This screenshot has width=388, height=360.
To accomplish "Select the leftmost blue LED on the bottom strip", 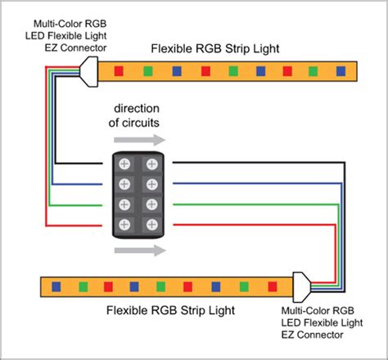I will pos(56,287).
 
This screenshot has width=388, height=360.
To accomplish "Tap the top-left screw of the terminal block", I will pos(125,163).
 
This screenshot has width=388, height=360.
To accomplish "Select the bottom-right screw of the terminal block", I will pos(152,223).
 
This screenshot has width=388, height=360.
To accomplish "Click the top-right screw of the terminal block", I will pos(152,163).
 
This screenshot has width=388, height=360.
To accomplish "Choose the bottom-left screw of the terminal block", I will pos(125,223).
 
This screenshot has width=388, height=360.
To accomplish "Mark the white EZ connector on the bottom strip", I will pos(301,286).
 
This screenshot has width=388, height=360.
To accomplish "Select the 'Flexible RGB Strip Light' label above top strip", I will pos(215,49).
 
